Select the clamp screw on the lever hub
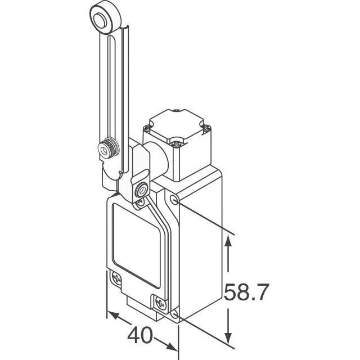pos(140,190)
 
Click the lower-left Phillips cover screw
pos(116,278)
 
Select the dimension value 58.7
pos(246,293)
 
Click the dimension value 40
pos(141,336)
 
